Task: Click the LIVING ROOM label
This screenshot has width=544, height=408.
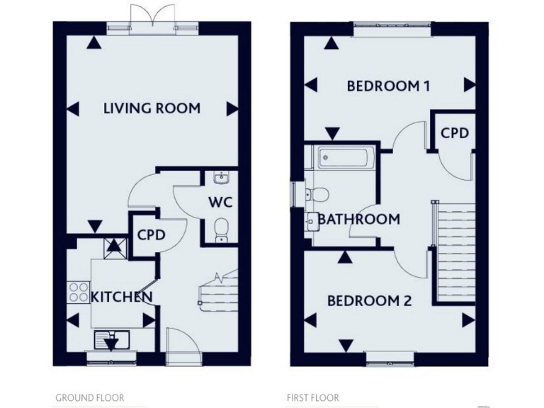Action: click(x=152, y=108)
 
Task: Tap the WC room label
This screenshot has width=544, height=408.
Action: click(x=220, y=201)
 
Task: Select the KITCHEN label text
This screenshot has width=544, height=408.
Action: click(x=122, y=296)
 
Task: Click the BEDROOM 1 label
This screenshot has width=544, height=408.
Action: click(x=389, y=86)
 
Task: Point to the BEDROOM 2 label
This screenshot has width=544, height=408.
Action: click(x=369, y=300)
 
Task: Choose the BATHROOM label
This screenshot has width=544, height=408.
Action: click(x=358, y=219)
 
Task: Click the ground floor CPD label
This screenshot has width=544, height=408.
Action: click(x=151, y=234)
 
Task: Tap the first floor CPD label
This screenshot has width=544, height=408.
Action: click(x=455, y=132)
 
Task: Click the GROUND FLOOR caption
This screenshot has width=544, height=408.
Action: click(x=89, y=398)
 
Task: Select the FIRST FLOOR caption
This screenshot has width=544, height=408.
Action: click(x=312, y=398)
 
